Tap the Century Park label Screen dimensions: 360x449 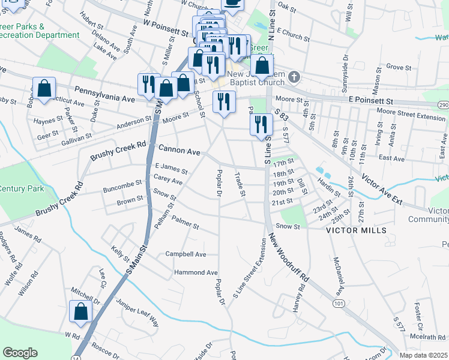click(18, 188)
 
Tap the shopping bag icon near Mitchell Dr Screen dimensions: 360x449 click(80, 313)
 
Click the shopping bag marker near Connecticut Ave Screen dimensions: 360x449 click(44, 89)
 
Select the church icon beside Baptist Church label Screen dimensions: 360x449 click(294, 77)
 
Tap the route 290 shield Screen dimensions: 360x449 click(443, 105)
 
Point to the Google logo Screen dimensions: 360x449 click(20, 353)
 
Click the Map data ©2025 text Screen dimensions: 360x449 click(424, 355)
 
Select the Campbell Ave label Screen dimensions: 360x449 click(186, 254)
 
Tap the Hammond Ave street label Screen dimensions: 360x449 click(196, 272)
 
